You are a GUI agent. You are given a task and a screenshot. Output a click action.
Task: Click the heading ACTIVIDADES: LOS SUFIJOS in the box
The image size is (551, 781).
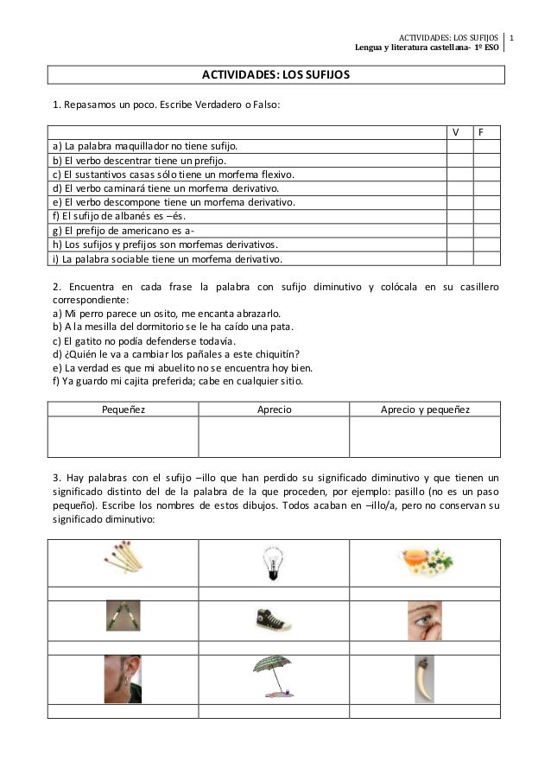[275, 75]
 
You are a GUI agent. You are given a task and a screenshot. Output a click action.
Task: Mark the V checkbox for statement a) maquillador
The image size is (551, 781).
[459, 147]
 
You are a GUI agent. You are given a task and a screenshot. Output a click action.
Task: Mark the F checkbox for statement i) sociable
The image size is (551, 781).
[487, 257]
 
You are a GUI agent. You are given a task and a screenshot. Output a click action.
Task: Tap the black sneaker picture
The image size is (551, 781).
[273, 619]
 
